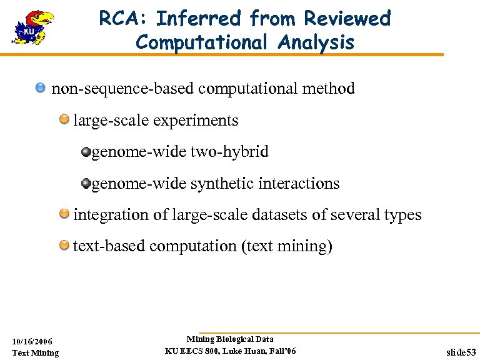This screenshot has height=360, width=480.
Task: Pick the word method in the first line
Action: click(x=328, y=88)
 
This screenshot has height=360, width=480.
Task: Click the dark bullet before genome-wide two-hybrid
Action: click(x=86, y=151)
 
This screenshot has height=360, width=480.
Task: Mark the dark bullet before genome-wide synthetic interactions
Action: click(x=86, y=183)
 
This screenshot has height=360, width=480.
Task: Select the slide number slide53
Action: click(x=461, y=352)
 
